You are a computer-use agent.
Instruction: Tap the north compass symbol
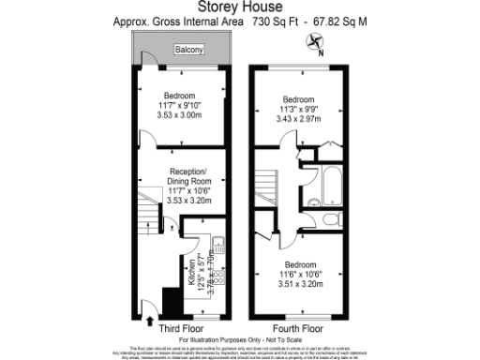(314, 42)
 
